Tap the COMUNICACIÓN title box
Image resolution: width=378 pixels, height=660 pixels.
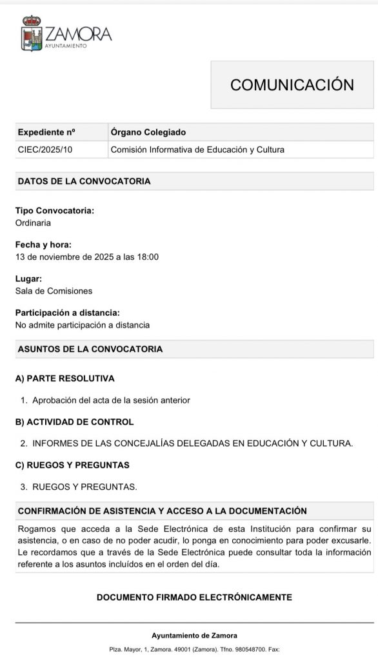point(292,85)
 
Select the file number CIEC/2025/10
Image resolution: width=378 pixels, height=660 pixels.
point(45,150)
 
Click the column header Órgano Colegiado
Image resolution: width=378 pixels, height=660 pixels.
point(148,133)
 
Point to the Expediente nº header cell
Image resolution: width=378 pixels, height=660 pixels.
point(46,133)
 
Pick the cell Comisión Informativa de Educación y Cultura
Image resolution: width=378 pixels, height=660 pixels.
point(197,150)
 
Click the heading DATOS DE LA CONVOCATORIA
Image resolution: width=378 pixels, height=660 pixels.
point(84,182)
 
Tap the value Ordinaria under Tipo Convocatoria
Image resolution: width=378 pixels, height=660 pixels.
point(33,223)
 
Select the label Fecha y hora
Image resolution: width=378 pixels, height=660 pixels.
point(43,245)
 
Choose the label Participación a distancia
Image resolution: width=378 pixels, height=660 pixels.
point(67,313)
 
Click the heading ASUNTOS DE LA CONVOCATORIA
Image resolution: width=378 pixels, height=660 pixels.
point(90,349)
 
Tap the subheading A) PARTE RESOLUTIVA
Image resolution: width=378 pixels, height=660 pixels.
point(65,378)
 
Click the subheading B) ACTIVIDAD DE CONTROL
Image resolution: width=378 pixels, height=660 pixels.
point(74,422)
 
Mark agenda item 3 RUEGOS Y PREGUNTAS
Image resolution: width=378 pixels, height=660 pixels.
point(85,487)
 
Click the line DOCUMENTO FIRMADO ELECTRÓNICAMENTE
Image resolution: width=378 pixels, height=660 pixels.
point(194,597)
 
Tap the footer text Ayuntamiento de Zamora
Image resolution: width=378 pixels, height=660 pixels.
point(194,636)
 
